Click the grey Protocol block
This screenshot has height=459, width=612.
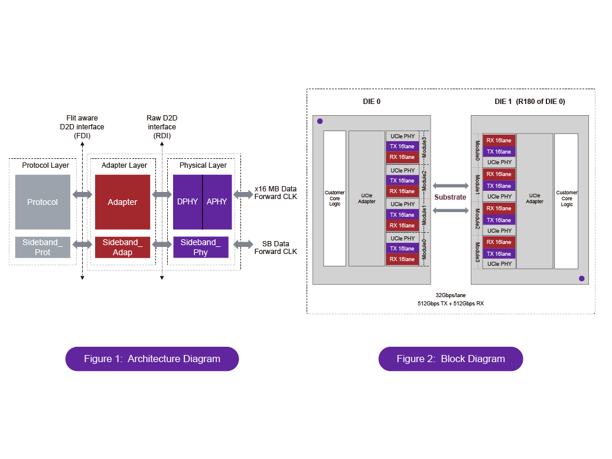click(x=43, y=202)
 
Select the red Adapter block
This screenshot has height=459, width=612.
click(x=122, y=202)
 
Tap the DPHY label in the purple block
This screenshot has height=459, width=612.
click(x=187, y=202)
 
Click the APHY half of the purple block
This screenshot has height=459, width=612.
click(x=217, y=202)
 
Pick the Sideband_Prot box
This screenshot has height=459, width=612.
click(x=43, y=248)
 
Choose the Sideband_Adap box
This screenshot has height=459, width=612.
click(x=122, y=248)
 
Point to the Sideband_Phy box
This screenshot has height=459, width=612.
click(x=200, y=248)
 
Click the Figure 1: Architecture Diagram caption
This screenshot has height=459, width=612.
click(x=152, y=359)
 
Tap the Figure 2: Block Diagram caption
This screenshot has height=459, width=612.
click(x=450, y=359)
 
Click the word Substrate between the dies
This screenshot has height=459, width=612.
click(x=450, y=197)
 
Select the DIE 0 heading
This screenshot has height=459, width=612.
click(x=372, y=102)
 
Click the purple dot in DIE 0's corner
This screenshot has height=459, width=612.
click(x=320, y=121)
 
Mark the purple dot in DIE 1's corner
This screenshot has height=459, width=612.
click(x=581, y=278)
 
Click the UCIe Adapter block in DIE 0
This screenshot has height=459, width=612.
click(x=366, y=198)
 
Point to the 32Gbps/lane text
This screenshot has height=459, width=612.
click(x=450, y=294)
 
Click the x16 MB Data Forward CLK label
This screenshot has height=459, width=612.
click(x=275, y=193)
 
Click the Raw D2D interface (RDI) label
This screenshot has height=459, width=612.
click(x=162, y=126)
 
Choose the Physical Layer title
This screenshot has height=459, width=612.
click(x=203, y=165)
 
